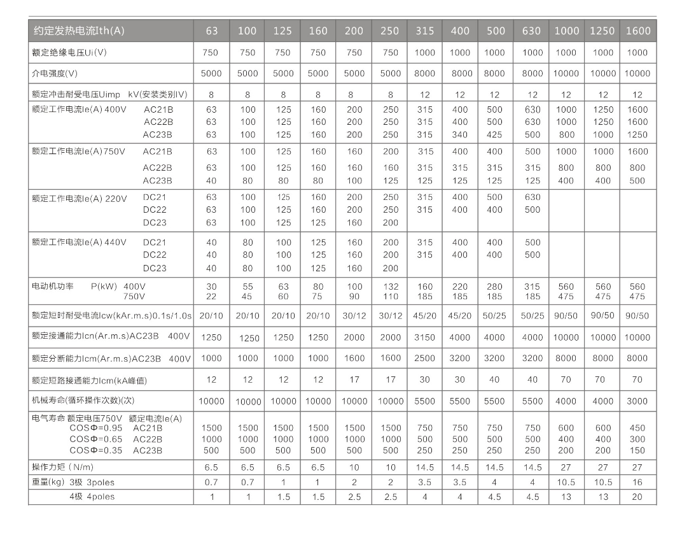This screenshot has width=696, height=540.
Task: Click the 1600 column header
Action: coord(637,31)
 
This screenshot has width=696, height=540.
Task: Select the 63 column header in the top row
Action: coord(212,31)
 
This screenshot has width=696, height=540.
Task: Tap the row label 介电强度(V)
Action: coord(55,73)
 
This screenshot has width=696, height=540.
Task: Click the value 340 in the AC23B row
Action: coord(459,134)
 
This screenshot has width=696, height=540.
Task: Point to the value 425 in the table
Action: coord(494,134)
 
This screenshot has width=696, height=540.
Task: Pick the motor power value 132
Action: coord(390,287)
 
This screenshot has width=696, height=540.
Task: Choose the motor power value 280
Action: coord(494,287)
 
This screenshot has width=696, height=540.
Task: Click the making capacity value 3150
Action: coord(424,337)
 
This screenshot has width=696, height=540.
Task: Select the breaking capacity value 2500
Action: coord(424,359)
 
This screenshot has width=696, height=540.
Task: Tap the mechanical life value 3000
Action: coord(637,401)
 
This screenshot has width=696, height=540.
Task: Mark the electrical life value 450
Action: coord(637,428)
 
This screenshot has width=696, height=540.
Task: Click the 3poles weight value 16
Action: coord(637,483)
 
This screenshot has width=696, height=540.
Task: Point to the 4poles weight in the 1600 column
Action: coord(637,497)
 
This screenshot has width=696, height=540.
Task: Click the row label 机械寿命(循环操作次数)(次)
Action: coord(83,401)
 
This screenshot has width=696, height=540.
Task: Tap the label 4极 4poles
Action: coord(92,497)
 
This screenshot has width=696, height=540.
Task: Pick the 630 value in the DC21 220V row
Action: coord(532,197)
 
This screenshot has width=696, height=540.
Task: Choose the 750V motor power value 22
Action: coord(212,296)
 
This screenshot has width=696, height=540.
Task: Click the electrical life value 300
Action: coord(637,439)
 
